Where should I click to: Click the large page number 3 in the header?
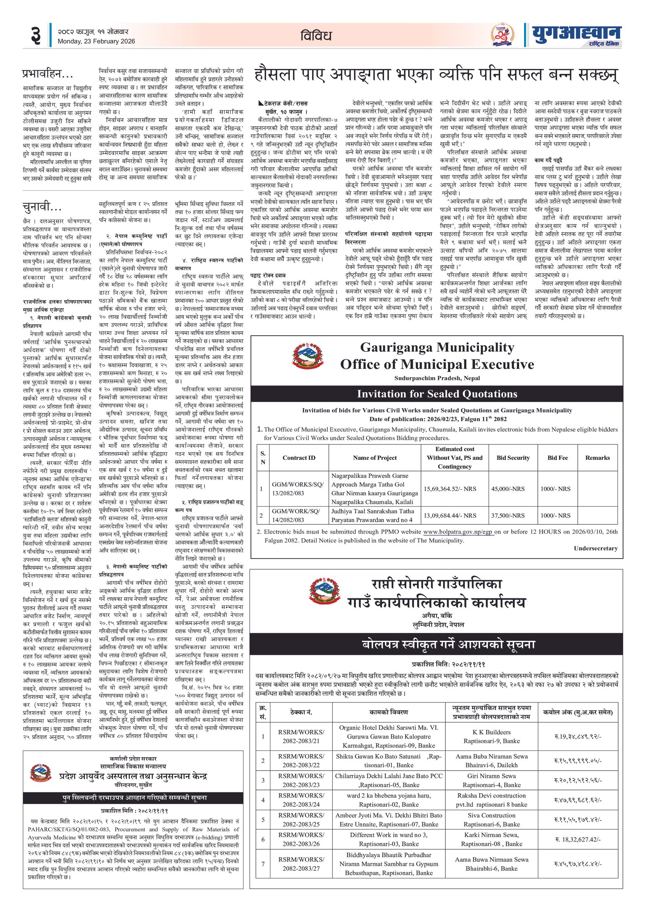36,35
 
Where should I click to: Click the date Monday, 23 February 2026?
96,41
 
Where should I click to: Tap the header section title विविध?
316,36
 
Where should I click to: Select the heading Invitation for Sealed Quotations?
437,394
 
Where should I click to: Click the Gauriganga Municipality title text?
437,347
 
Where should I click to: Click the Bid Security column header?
513,457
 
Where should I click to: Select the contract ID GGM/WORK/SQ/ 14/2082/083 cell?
298,515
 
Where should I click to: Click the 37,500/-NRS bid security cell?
508,515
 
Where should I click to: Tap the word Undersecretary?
595,548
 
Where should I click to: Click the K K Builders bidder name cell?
491,736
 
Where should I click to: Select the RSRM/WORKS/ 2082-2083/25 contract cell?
301,819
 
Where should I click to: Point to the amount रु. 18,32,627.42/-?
578,839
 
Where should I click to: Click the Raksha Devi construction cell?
491,800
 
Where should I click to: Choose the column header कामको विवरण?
389,712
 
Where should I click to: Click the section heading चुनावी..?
42,207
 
